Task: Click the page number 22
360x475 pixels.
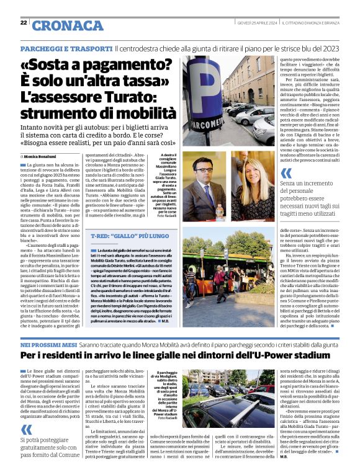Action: click(24, 22)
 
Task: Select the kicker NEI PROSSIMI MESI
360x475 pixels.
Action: click(45, 344)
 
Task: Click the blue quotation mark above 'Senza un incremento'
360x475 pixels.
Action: click(286, 174)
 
